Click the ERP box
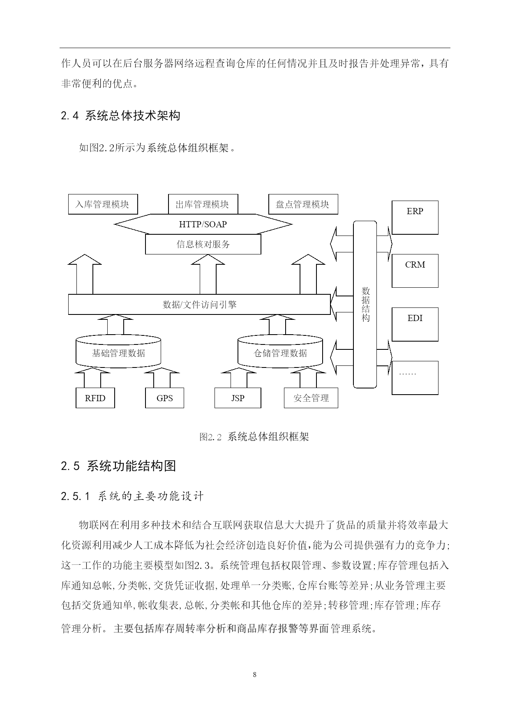tap(415, 217)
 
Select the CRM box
tap(415, 271)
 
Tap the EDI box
tap(415, 324)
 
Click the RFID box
tap(95, 398)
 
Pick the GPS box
tap(165, 398)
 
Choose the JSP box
tap(238, 398)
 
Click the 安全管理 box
tap(311, 398)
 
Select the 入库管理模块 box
tap(103, 204)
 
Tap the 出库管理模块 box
tap(203, 204)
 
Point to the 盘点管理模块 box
tap(303, 204)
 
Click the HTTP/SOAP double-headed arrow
tap(203, 224)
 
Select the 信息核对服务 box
tap(203, 244)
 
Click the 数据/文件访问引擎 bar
tap(199, 305)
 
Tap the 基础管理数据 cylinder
tap(118, 351)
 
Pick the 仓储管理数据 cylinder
tap(280, 351)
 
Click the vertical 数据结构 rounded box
tap(365, 304)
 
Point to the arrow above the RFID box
tap(92, 378)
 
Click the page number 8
tap(255, 675)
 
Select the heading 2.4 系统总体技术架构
tap(120, 116)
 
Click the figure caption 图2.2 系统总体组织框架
tap(254, 437)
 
